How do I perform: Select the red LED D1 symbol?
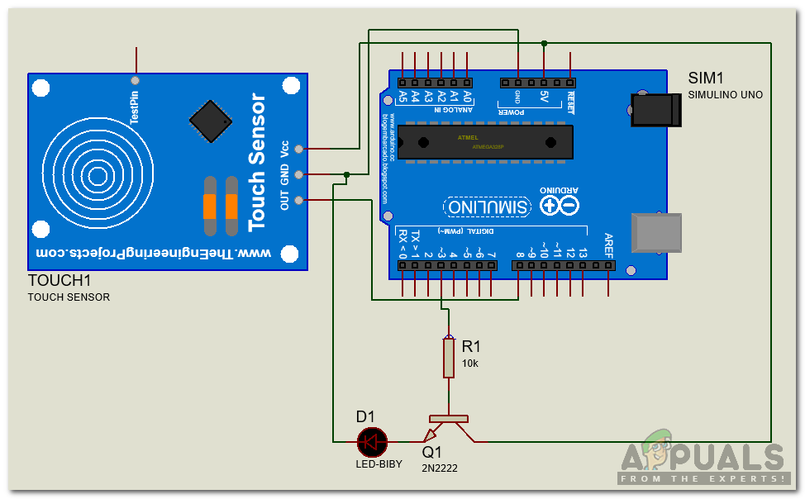(372, 442)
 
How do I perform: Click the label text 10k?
(469, 364)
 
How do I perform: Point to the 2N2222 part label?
(439, 468)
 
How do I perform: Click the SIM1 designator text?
(706, 78)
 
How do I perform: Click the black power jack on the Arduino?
(656, 110)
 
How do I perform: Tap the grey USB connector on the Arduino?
(656, 233)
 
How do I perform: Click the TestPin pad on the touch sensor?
(135, 81)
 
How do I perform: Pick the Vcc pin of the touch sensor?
(299, 149)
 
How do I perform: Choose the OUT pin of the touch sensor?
(299, 200)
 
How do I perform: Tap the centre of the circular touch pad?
(98, 175)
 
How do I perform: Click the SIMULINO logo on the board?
(488, 207)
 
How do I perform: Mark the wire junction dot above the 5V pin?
(544, 43)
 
